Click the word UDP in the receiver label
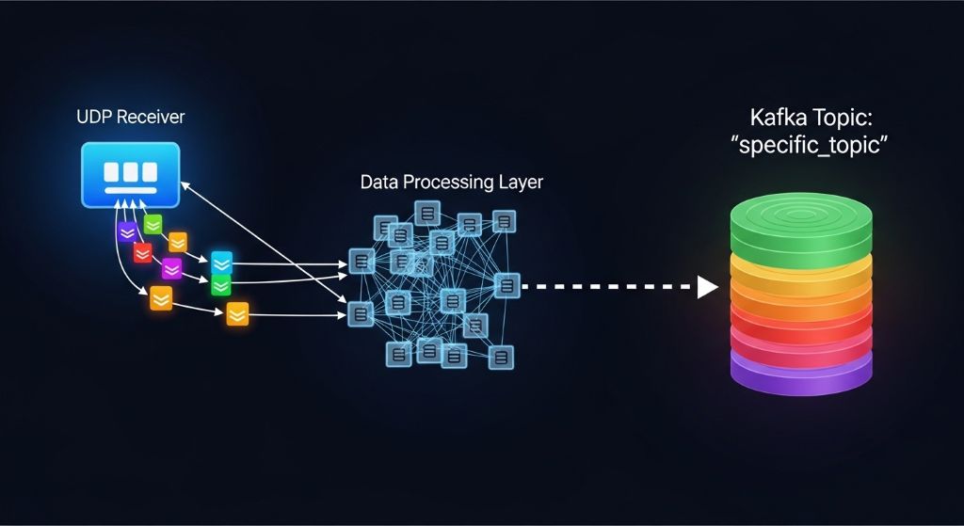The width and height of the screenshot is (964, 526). [x=92, y=119]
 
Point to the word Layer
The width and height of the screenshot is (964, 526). [x=521, y=182]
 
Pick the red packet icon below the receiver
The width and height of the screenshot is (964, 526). [x=142, y=252]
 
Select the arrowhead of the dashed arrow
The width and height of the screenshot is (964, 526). [x=707, y=287]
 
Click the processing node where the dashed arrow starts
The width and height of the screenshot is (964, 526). [x=506, y=284]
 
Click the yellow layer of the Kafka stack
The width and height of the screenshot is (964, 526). [x=802, y=274]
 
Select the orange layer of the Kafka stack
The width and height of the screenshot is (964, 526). [x=802, y=301]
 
